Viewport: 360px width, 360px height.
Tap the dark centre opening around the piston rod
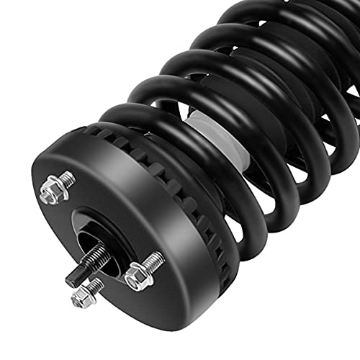[90, 241]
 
